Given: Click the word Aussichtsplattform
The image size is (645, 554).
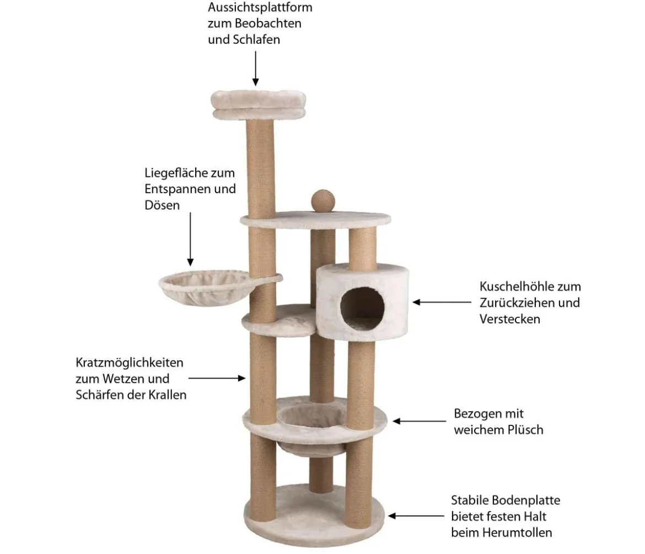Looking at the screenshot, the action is pos(260,7).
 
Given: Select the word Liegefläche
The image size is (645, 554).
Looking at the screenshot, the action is pos(178,173).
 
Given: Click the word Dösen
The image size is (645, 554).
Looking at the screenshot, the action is pos(162,205).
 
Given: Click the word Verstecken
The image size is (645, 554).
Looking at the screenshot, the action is pos(510,319).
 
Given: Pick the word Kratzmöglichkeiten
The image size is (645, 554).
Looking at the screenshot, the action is pos(130,363).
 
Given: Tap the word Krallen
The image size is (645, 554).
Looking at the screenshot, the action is pos(168,395).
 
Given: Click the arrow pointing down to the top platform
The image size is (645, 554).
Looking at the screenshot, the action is pos(255,68).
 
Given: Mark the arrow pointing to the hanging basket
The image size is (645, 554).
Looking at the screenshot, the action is pos(190,239).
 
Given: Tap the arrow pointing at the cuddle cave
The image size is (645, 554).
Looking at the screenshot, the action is pos(442,302).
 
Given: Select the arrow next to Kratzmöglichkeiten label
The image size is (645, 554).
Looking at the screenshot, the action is pos(217,378).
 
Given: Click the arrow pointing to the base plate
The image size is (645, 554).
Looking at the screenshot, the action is pos(416,516).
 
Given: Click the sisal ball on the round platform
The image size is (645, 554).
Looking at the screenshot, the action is pos(323,201).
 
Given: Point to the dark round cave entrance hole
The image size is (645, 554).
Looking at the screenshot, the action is pos(362,308).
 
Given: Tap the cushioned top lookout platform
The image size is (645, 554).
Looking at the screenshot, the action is pos(259,104).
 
